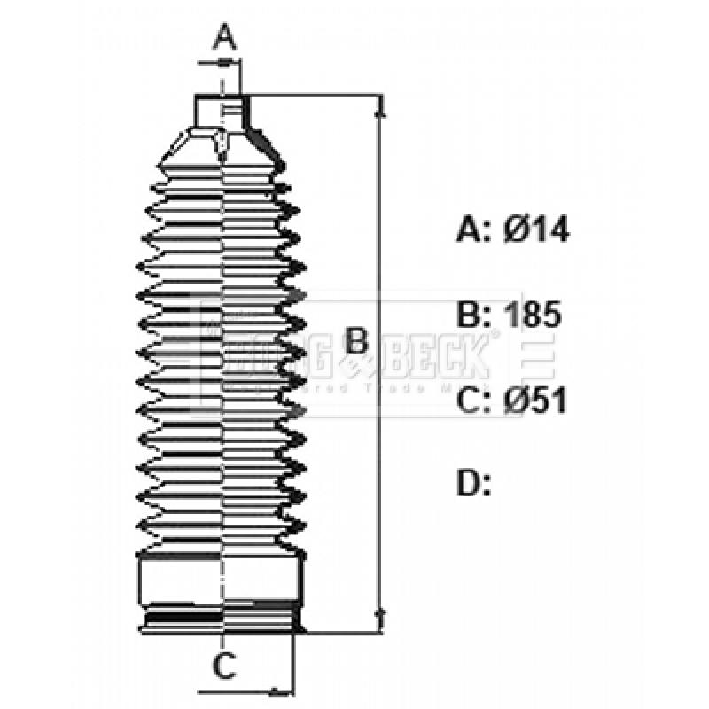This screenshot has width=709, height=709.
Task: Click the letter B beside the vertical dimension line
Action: [x=355, y=339]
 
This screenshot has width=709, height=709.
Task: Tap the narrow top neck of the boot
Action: [x=222, y=113]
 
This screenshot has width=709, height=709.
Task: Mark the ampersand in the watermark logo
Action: [x=352, y=363]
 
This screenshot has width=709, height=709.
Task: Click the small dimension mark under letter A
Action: [x=223, y=63]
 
